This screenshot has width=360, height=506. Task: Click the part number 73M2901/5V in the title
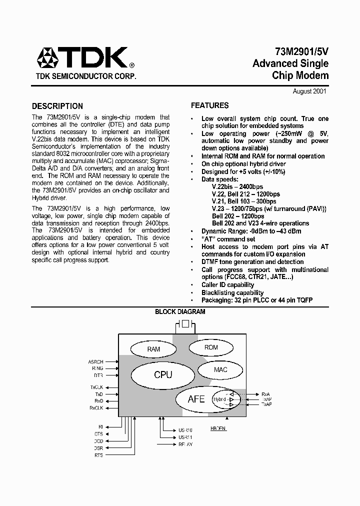click(301, 51)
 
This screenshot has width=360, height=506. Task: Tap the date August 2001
click(309, 91)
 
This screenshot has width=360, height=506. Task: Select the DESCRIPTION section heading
click(57, 106)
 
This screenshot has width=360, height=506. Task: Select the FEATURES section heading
click(210, 105)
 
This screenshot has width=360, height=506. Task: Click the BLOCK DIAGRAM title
click(180, 311)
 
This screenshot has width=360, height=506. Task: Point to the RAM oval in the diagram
click(153, 349)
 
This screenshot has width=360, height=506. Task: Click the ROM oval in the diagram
click(211, 347)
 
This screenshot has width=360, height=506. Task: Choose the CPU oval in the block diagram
click(163, 374)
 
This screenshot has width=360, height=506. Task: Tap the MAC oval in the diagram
click(220, 369)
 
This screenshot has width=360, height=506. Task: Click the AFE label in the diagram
click(196, 399)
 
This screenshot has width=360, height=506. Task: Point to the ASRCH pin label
click(95, 361)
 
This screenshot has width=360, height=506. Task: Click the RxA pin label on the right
click(265, 394)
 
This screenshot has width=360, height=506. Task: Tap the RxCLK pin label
click(96, 407)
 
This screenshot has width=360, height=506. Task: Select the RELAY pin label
click(185, 444)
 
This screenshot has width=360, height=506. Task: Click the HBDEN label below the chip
click(218, 429)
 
